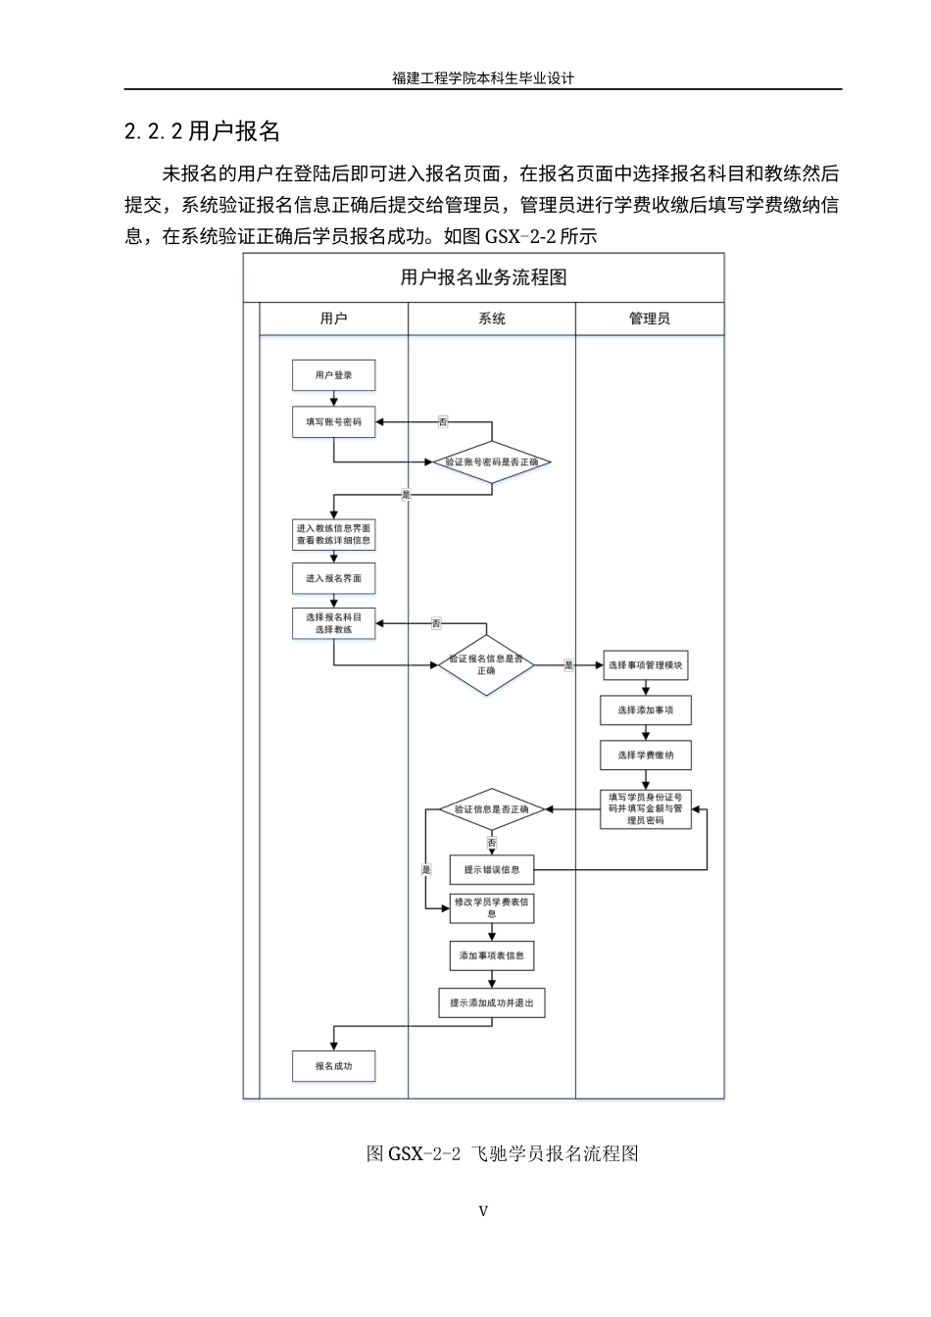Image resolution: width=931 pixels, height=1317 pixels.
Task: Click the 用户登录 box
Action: click(x=334, y=375)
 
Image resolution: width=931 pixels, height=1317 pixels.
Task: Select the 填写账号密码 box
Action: click(x=334, y=422)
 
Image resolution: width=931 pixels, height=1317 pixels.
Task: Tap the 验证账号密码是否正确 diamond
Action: click(x=492, y=462)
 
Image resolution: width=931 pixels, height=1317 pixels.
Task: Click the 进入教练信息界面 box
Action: click(x=334, y=534)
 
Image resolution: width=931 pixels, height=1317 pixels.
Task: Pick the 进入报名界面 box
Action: click(x=334, y=578)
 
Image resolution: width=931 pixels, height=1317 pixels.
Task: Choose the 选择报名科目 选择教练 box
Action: click(x=334, y=624)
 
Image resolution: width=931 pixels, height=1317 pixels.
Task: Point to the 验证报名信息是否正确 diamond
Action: click(x=486, y=665)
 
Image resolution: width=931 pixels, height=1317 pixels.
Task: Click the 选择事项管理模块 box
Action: click(x=646, y=665)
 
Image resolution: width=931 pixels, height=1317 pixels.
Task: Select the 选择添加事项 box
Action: click(x=646, y=710)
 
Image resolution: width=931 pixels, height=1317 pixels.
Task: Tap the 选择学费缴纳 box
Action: click(x=646, y=756)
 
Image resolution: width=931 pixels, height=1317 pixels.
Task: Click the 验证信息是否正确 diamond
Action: click(x=492, y=810)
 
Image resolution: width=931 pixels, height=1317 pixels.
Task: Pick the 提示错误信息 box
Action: click(x=492, y=870)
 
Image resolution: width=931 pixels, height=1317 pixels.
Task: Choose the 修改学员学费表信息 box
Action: click(x=492, y=908)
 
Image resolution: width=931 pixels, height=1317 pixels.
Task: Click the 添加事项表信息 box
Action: click(x=492, y=955)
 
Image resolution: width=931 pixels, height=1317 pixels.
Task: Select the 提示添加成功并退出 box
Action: click(x=492, y=1003)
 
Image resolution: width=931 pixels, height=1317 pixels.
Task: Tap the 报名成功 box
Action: click(x=334, y=1066)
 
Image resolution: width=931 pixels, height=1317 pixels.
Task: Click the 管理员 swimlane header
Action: click(x=650, y=319)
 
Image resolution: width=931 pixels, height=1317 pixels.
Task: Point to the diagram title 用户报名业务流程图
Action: click(x=484, y=278)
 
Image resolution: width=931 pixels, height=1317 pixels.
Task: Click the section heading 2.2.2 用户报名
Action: click(x=203, y=131)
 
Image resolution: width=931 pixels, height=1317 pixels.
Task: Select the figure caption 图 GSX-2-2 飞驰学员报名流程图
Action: click(x=503, y=1153)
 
